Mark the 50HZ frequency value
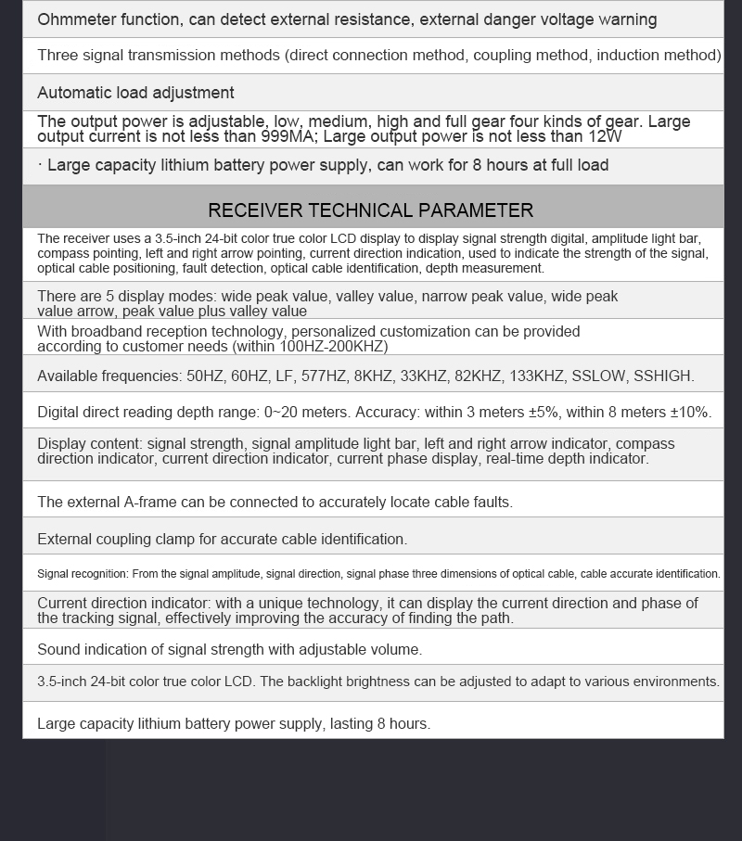pos(205,376)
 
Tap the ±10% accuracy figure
pos(686,413)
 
